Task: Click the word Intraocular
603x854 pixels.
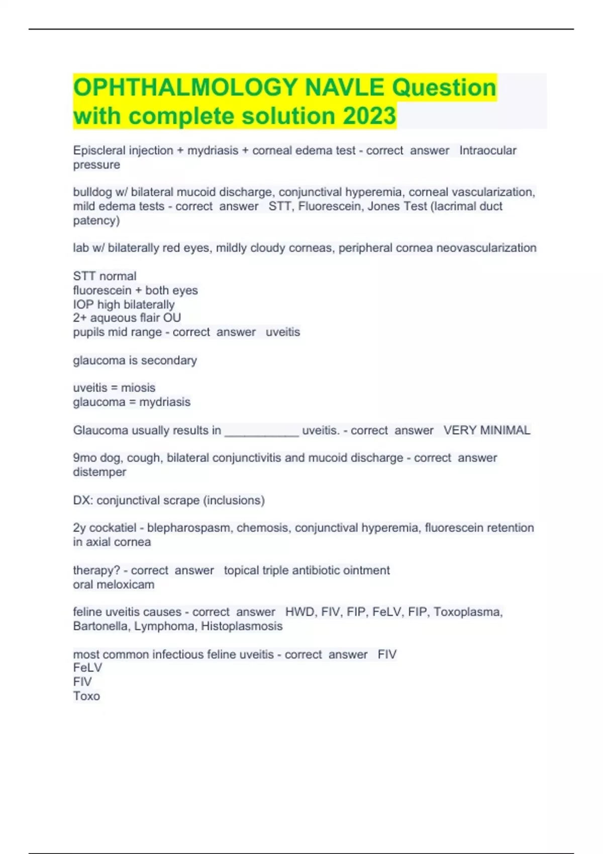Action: [487, 150]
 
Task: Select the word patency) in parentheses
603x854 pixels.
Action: [96, 220]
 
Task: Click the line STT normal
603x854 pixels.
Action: [105, 276]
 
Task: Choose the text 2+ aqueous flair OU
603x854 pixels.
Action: [127, 317]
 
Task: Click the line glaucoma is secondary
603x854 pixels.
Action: [135, 360]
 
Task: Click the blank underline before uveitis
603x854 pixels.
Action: [261, 431]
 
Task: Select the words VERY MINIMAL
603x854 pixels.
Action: [486, 430]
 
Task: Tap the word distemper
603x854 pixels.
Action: [99, 472]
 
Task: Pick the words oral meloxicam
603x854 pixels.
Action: [114, 584]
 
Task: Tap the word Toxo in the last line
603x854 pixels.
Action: [86, 696]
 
